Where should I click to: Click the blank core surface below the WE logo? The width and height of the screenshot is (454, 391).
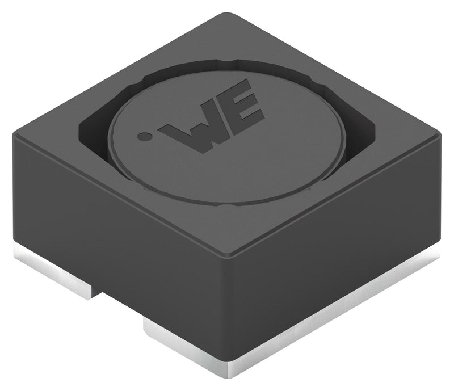[227, 170]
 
